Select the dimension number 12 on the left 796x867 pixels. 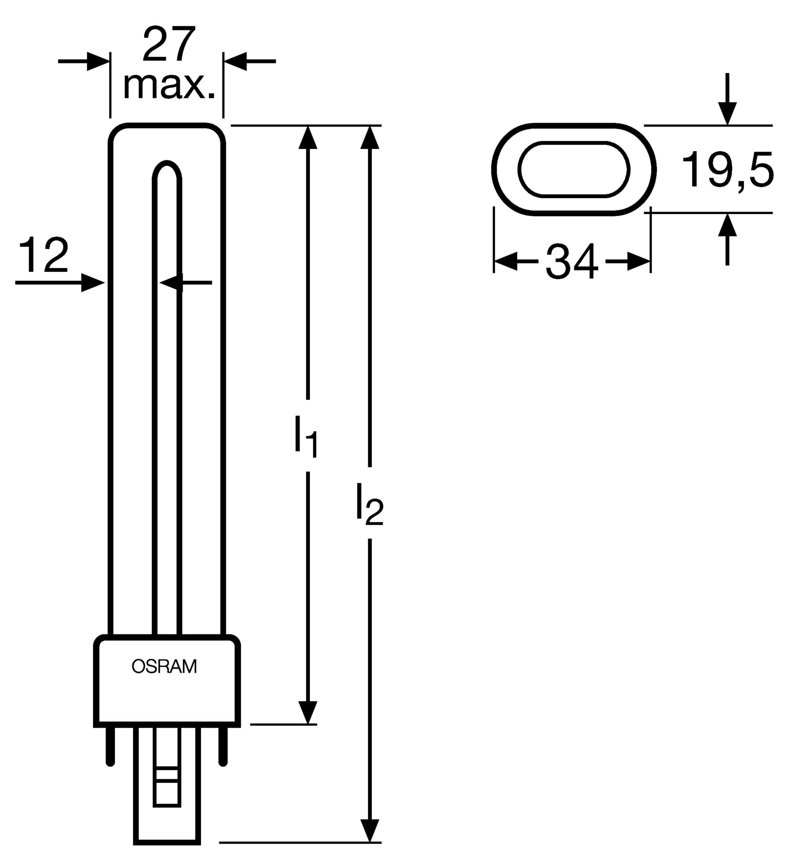[44, 256]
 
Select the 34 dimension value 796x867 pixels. [572, 261]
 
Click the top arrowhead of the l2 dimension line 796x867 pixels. [369, 137]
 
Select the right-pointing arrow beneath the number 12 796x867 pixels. [60, 283]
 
